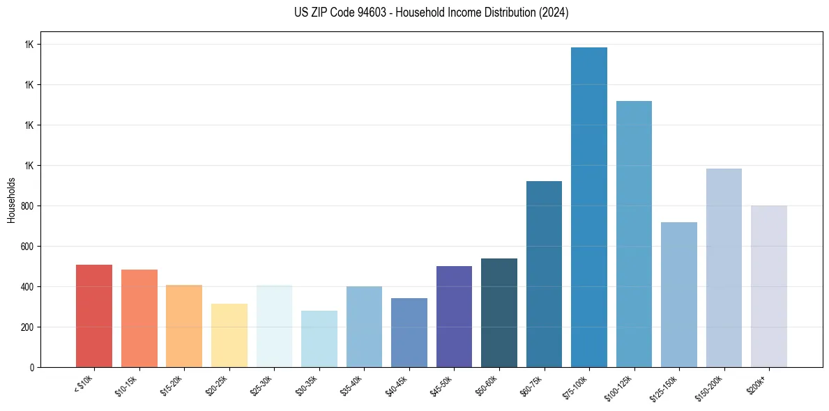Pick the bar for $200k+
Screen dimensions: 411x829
tap(769, 286)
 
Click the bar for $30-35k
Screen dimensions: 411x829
tap(319, 339)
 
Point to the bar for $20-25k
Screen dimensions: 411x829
tap(229, 335)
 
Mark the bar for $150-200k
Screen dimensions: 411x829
tap(724, 267)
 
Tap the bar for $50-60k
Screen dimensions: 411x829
tap(499, 313)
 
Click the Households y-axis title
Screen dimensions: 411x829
tap(12, 200)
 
